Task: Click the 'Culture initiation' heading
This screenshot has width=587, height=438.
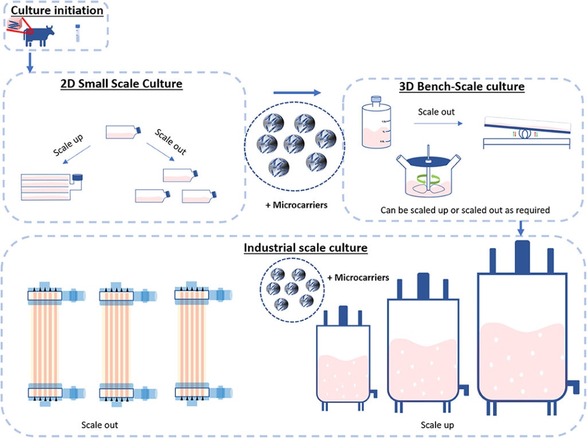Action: coord(57,10)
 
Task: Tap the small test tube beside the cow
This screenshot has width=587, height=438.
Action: coord(77,33)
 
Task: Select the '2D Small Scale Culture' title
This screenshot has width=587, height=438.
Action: coord(122,84)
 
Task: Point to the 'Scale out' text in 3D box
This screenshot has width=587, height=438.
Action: coord(436,112)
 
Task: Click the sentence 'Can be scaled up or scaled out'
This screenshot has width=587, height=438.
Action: coord(465,210)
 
